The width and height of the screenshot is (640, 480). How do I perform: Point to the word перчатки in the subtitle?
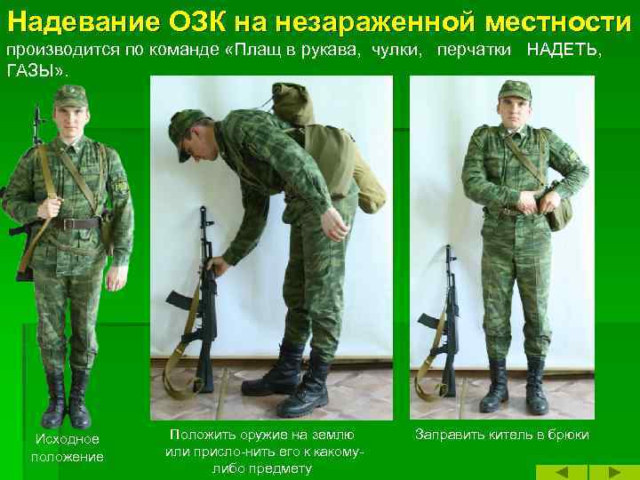coord(474,50)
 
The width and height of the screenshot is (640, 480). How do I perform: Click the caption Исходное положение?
coord(68,448)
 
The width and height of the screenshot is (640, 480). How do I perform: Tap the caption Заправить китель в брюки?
coord(501,435)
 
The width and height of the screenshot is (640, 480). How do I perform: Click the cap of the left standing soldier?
coord(71,96)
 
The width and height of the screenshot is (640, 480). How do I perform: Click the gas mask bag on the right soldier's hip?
coord(560,212)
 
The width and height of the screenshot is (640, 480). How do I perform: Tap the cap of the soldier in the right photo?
coord(515,91)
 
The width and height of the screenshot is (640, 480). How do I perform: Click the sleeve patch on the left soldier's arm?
coord(121,187)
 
